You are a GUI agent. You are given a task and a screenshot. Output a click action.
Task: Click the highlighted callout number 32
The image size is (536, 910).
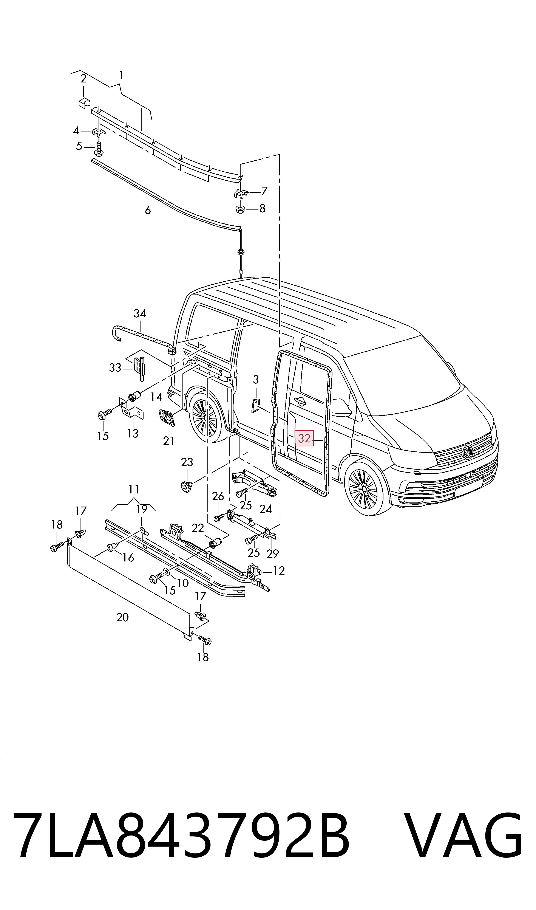point(304,438)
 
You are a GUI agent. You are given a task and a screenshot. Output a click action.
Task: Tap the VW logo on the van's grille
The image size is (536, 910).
point(468,451)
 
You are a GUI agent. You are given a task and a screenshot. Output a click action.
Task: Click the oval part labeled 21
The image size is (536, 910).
point(167,418)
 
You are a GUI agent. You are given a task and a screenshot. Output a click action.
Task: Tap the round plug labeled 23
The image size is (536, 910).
point(186,488)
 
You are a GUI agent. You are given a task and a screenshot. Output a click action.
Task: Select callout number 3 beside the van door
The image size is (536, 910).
point(256,379)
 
